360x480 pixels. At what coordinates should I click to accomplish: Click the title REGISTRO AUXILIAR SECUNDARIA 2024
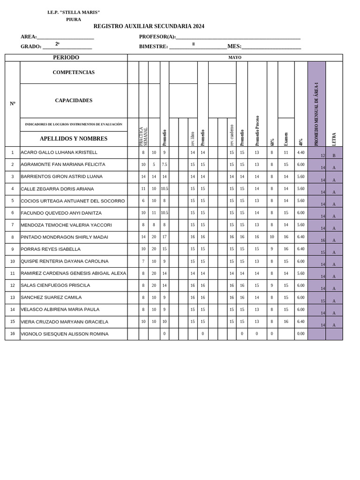149,26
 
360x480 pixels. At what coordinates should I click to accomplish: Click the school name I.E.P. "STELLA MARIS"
74,12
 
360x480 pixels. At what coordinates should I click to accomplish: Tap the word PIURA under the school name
74,19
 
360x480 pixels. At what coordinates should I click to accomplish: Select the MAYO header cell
235,58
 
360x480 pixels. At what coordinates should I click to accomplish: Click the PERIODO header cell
66,58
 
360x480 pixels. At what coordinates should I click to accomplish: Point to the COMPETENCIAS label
74,73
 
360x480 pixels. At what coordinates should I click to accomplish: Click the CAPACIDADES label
74,100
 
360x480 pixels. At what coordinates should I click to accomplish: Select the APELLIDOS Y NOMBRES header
74,139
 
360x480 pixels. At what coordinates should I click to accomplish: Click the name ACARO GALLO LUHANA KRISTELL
59,152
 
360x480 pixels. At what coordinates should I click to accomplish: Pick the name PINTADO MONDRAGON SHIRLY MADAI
64,237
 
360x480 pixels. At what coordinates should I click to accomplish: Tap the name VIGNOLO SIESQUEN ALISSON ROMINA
64,334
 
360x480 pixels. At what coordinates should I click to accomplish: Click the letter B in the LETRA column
334,155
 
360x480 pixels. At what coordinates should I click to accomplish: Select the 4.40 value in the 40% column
301,152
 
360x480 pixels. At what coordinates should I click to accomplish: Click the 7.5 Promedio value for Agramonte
165,165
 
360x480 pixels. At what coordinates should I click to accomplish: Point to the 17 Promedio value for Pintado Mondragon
165,237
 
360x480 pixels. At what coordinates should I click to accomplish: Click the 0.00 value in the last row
301,334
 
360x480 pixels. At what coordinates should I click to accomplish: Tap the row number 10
13,261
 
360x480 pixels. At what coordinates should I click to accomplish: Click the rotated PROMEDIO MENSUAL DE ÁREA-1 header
316,114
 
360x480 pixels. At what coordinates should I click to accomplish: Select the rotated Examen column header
286,139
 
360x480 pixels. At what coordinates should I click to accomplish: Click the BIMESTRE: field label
153,46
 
